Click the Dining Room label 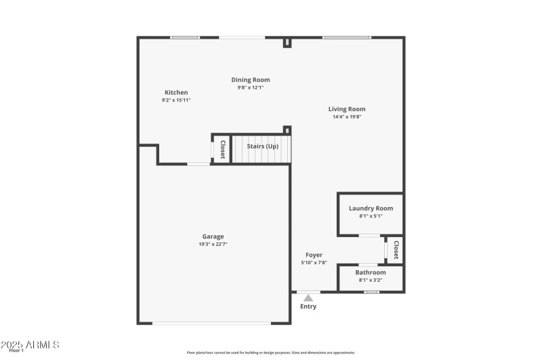click(x=251, y=80)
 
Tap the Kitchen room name click(x=176, y=93)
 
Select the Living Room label click(x=347, y=109)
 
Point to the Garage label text click(x=213, y=236)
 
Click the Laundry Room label click(x=371, y=209)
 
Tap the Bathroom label click(x=371, y=272)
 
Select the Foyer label click(x=314, y=255)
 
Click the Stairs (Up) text click(x=262, y=146)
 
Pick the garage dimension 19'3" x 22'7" click(x=213, y=244)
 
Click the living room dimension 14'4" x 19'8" click(x=347, y=116)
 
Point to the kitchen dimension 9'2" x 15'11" click(x=176, y=100)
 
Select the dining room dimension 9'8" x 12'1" click(x=251, y=87)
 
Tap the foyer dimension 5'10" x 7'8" click(x=314, y=263)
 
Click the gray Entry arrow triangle click(x=308, y=297)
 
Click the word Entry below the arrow click(x=308, y=306)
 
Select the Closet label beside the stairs click(x=222, y=149)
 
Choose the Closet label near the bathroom click(x=396, y=250)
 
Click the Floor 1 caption click(x=16, y=351)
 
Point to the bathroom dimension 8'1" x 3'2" click(x=371, y=280)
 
